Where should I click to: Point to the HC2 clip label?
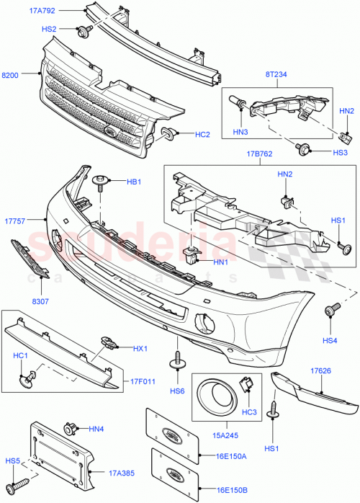coord(202,133)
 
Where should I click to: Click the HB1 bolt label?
coord(133,182)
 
